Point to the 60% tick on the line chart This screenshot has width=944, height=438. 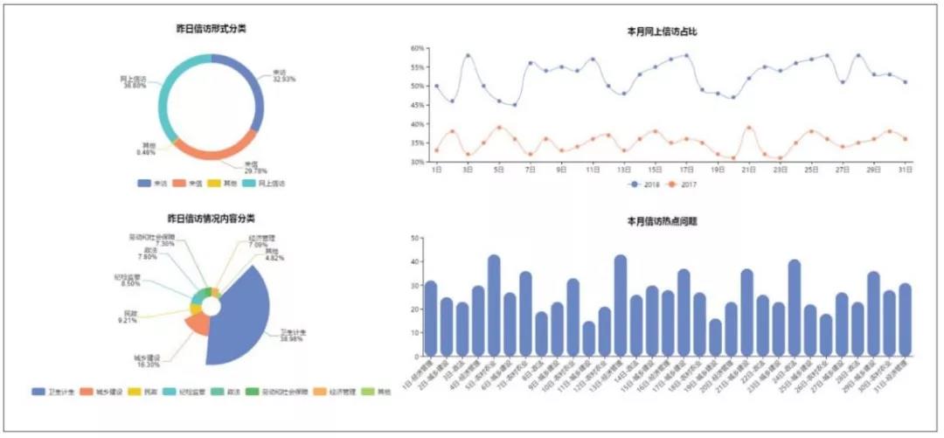[417, 48]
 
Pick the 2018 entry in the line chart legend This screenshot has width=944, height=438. [643, 184]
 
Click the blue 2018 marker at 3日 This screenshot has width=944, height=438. [468, 56]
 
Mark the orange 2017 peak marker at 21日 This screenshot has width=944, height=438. [750, 128]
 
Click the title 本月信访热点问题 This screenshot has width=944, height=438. [661, 221]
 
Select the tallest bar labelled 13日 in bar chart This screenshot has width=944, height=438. [621, 306]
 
